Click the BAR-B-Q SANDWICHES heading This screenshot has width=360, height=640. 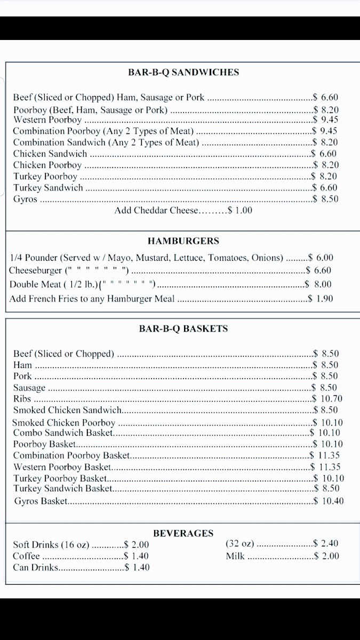click(x=183, y=73)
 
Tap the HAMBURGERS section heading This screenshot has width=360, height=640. click(x=183, y=241)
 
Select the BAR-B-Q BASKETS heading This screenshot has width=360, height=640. click(x=183, y=329)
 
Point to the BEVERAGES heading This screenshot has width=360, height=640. click(x=183, y=533)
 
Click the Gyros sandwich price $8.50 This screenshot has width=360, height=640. click(x=326, y=199)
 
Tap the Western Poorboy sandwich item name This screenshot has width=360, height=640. click(x=47, y=120)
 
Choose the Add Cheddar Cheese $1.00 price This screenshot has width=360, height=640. click(x=240, y=211)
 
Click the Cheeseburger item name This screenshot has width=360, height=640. click(x=35, y=270)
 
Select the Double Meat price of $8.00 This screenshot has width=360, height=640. click(x=318, y=284)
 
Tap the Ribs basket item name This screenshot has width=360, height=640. click(x=22, y=399)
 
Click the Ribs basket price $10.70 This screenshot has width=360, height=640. click(x=327, y=399)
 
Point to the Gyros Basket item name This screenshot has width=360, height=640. click(x=41, y=501)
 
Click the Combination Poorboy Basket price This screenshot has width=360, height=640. click(x=325, y=455)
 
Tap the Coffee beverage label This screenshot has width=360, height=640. click(x=27, y=556)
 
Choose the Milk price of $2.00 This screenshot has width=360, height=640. click(x=326, y=556)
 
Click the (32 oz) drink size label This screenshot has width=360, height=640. click(x=240, y=544)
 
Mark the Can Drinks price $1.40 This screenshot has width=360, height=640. click(x=137, y=567)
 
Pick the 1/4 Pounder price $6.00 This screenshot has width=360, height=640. click(x=321, y=258)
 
